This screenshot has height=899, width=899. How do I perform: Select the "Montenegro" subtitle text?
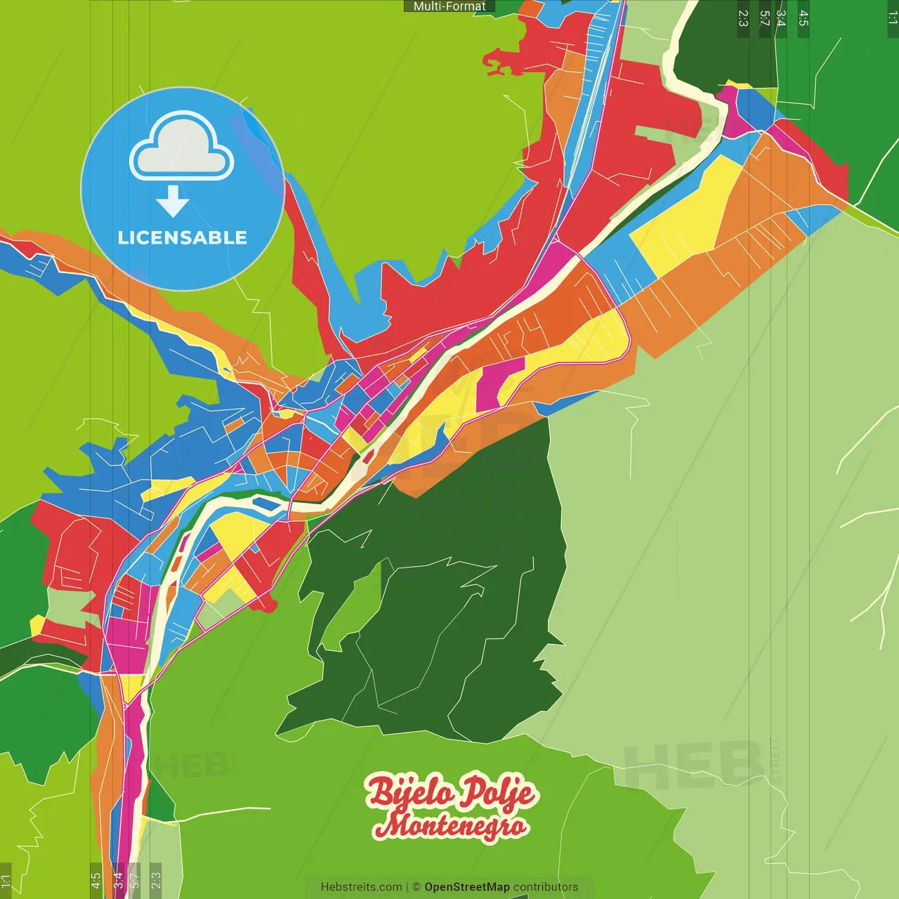[450, 825]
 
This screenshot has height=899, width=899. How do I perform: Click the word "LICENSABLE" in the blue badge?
[183, 237]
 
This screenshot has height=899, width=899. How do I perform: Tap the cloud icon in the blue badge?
[182, 146]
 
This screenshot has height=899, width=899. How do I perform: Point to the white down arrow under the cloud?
[173, 201]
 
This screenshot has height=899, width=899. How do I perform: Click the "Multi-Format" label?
[449, 6]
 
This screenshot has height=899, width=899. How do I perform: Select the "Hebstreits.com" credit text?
[361, 887]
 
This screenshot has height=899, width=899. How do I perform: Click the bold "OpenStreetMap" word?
[467, 887]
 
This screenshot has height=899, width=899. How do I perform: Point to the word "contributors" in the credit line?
[546, 887]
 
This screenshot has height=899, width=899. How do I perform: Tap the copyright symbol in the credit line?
[416, 887]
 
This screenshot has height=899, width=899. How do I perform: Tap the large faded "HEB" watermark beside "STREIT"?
[692, 766]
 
